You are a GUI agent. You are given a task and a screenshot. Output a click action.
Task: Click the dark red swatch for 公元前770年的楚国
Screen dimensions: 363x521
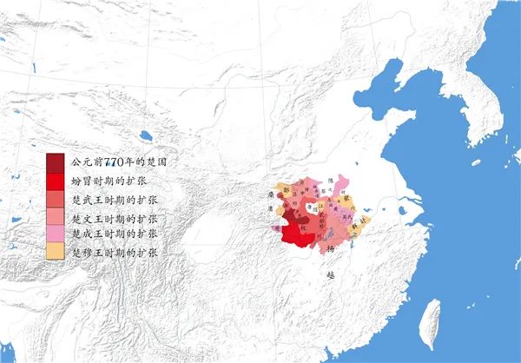(56, 162)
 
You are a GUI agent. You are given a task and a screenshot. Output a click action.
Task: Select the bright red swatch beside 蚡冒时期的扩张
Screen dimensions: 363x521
(56, 181)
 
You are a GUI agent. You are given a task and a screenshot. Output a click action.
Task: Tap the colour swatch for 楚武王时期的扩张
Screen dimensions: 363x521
(56, 199)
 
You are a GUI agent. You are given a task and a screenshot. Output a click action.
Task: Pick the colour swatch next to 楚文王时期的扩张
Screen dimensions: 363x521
(56, 216)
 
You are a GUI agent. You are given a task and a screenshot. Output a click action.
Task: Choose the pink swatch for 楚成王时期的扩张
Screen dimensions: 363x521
(56, 234)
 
